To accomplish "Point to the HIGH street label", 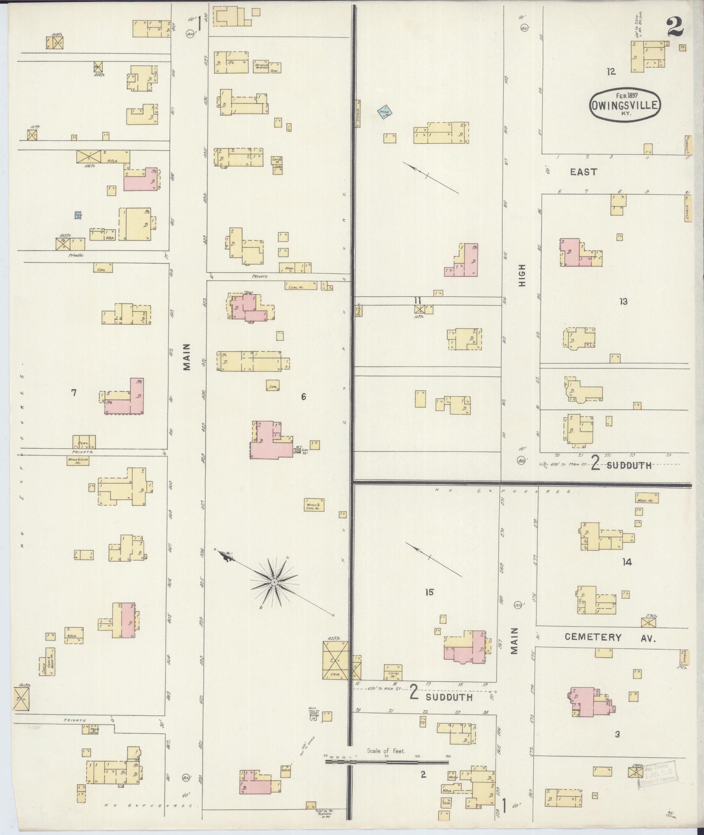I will [x=522, y=275].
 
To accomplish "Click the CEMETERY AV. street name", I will [x=610, y=637].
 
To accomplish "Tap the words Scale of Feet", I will [x=386, y=751].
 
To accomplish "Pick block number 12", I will [x=611, y=72].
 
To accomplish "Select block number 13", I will [x=623, y=302].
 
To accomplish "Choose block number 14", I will [x=627, y=562].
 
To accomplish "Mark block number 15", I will [x=429, y=592].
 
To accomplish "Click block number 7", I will [x=74, y=392].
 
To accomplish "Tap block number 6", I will [x=303, y=397].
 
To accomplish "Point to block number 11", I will [x=417, y=300].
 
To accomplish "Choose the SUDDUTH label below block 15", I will [x=449, y=697].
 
